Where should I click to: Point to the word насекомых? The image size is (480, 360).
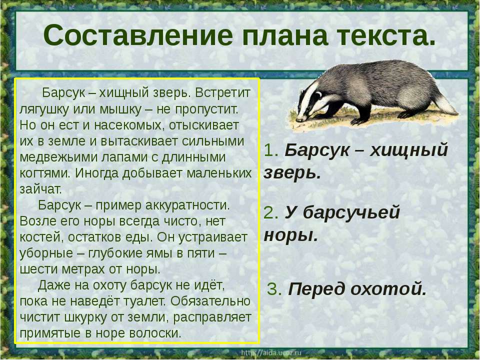(x=128, y=125)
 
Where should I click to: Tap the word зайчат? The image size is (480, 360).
(x=40, y=189)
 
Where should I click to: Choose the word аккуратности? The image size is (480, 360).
(x=188, y=205)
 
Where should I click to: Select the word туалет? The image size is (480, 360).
(x=144, y=301)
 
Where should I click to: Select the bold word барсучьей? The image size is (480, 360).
(x=351, y=212)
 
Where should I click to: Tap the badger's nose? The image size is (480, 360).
(x=298, y=119)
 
